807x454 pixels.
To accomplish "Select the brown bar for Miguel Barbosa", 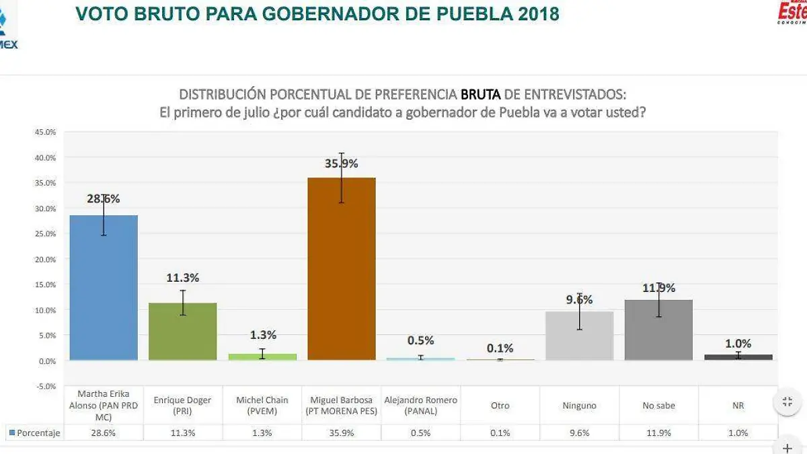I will click(x=341, y=268).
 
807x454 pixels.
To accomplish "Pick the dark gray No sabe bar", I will click(x=658, y=330).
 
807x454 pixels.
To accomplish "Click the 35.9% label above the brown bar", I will click(x=342, y=163).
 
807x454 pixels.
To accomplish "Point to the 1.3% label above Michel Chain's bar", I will click(x=262, y=335).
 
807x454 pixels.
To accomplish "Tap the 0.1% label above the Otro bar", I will click(x=500, y=348).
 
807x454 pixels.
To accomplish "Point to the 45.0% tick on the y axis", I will click(x=46, y=132).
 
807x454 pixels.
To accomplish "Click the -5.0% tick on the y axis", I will click(x=46, y=386).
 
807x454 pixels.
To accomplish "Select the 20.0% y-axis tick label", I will click(x=46, y=259).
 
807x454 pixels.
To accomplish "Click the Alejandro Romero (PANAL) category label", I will click(x=420, y=406).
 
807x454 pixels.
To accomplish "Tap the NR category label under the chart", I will click(x=738, y=406).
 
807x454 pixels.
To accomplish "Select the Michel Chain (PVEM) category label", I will click(x=262, y=406).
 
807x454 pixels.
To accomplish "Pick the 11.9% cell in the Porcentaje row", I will click(x=658, y=433).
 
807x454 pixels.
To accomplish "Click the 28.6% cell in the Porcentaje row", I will click(x=104, y=433).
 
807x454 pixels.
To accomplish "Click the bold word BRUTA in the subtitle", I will click(x=480, y=94).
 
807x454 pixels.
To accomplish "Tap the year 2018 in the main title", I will click(x=539, y=13).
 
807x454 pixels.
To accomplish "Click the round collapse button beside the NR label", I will click(x=787, y=402).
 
